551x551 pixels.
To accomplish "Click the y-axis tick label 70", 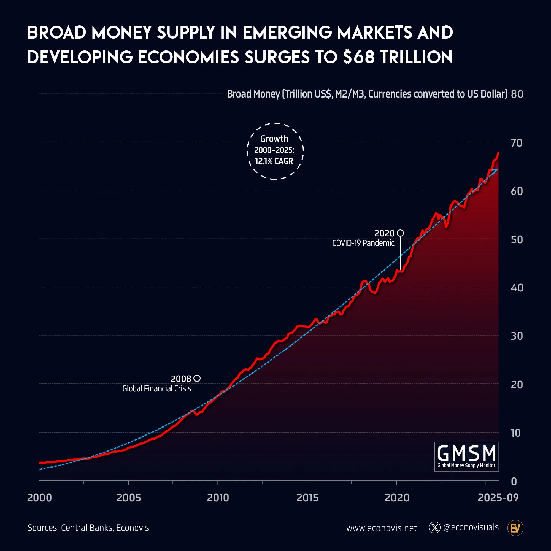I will coord(517,143).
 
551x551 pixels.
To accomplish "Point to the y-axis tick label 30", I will coord(517,336).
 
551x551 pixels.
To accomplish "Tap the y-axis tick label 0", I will coord(514,481).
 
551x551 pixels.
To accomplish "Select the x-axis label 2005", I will coord(129,498).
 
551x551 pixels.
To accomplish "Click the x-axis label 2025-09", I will coord(498,498).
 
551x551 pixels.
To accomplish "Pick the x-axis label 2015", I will coord(307,498).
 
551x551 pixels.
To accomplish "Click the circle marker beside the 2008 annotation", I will coord(197,378).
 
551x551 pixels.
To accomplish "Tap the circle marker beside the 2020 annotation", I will coord(400,233).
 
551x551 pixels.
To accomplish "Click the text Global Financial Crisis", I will coord(156,388).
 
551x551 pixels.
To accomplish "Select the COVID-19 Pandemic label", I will coord(363,243).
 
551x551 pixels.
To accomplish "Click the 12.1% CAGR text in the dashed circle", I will coord(274,161).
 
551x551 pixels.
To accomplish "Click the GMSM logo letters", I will coord(466,453).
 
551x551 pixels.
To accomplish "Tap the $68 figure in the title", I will coord(359,57).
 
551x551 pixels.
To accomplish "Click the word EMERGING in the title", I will coord(287,32).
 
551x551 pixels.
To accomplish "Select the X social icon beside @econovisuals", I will coord(435,528).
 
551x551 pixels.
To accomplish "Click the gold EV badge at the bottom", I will coord(515,528).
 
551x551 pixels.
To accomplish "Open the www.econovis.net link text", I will coord(381,528).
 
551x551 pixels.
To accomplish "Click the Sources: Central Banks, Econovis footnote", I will coord(88,528).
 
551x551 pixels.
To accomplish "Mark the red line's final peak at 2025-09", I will coord(498,153).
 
